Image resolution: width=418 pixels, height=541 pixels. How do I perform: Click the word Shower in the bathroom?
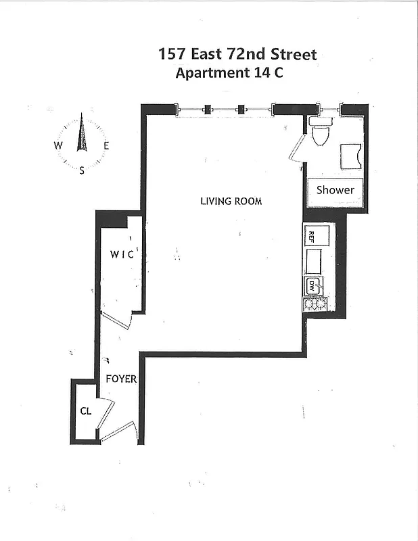[x=335, y=190]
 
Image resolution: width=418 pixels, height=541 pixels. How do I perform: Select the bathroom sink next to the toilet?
[x=351, y=156]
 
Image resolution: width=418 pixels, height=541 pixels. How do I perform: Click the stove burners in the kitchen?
[x=315, y=304]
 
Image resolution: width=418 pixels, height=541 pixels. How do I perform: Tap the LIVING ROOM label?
[x=231, y=201]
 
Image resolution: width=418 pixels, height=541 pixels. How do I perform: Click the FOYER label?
[x=121, y=379]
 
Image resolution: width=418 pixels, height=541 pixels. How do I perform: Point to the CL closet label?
[x=86, y=410]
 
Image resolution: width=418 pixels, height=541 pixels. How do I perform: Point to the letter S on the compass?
[x=83, y=170]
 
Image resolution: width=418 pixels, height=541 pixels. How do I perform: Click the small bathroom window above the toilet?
[x=329, y=108]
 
